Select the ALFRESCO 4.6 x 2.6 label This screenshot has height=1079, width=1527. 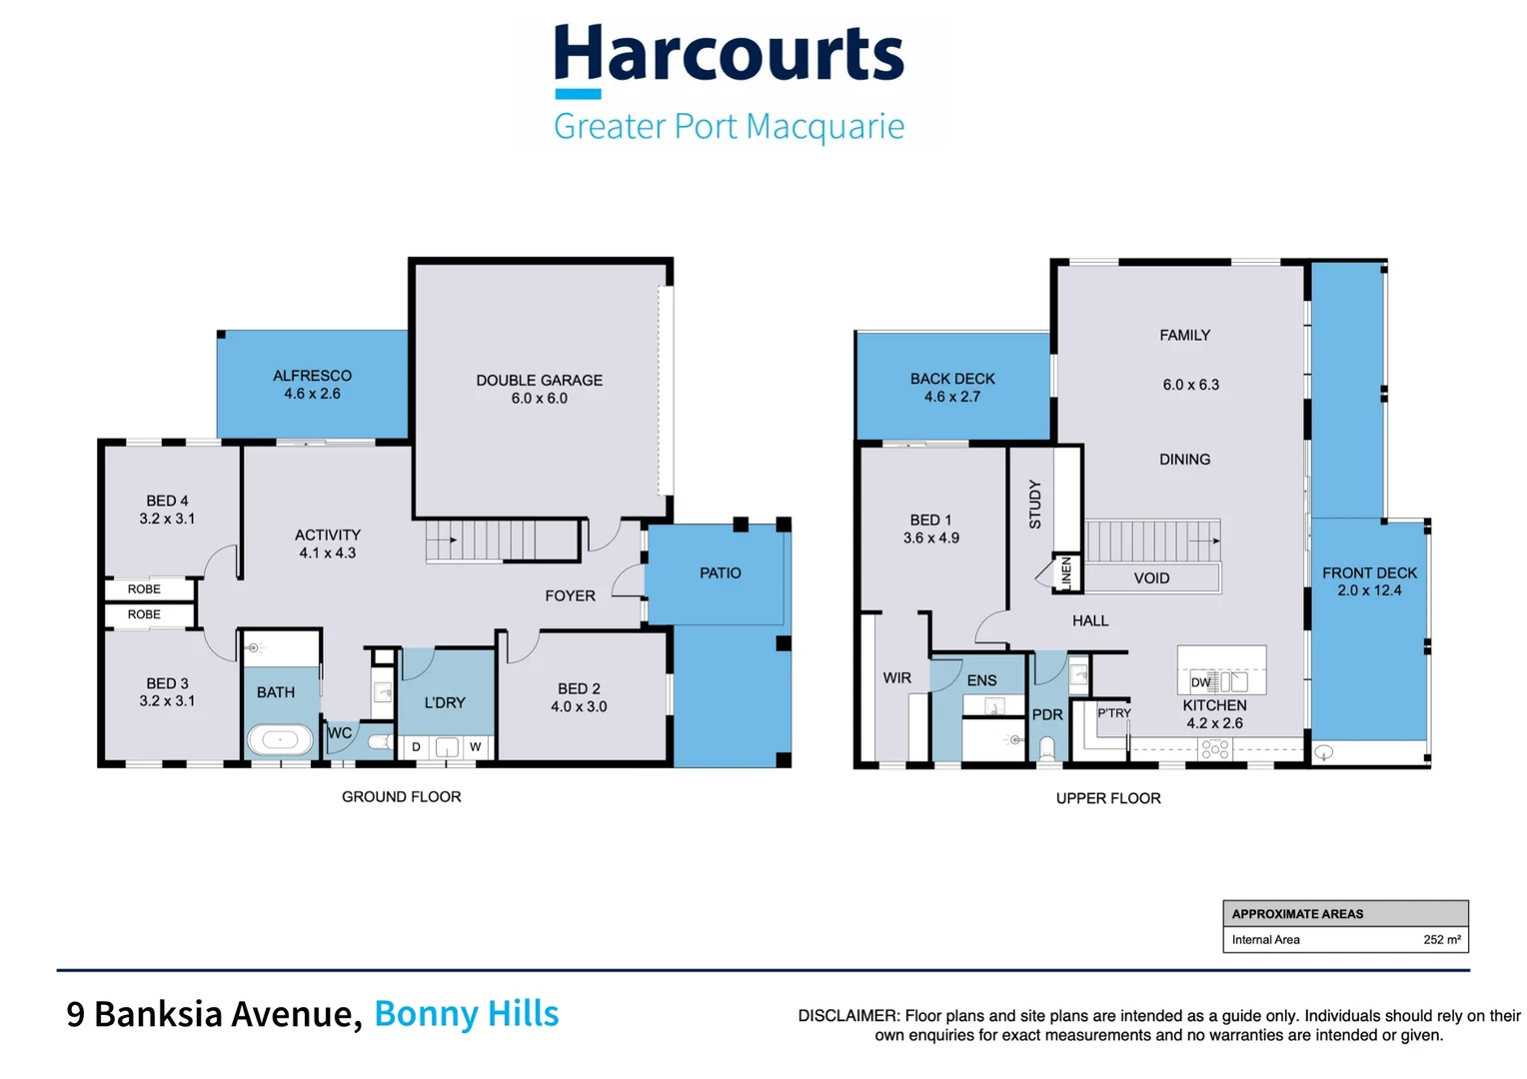pos(312,385)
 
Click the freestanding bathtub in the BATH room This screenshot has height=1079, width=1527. pos(280,740)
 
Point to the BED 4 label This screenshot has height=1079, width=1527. pos(167,501)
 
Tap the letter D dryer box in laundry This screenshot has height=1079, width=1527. pos(416,747)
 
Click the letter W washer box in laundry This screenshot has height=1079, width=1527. pos(476,747)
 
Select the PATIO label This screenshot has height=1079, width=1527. pos(721,573)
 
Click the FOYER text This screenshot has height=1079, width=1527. pos(571,596)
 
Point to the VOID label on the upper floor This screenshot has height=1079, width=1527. pos(1152,578)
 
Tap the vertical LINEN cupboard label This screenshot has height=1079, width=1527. pos(1067,573)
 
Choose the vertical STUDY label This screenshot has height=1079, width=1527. pos(1034,505)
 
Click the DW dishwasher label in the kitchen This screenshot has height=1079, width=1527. pos(1201,682)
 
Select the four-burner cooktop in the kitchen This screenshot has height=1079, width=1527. pos(1215,749)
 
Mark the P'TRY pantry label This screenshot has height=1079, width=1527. pos(1114,713)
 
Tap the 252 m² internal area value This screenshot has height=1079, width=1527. pos(1442,940)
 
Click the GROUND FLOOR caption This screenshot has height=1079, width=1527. pos(402,797)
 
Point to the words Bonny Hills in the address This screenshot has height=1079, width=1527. pos(467,1014)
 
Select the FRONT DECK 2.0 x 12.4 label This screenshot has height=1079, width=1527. pos(1369,582)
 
